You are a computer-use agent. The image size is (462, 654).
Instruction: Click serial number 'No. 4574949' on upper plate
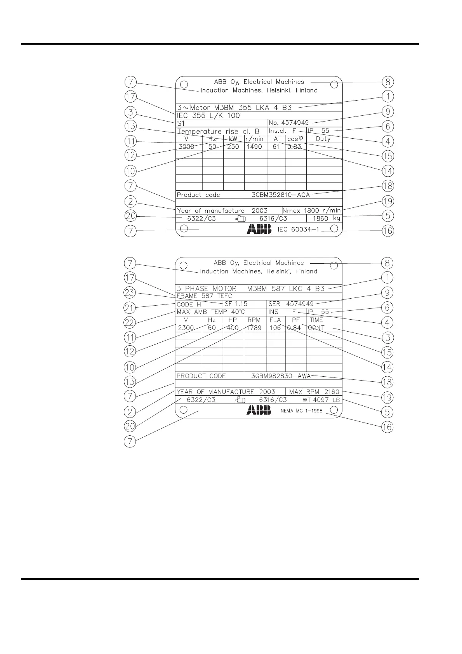coord(288,123)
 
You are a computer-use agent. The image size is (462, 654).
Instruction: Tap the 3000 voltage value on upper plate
coord(186,147)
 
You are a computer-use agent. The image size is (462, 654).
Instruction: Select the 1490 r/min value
coord(254,147)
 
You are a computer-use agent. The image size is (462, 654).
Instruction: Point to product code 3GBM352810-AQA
coord(281,195)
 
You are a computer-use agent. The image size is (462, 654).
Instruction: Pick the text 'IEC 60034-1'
coord(298,230)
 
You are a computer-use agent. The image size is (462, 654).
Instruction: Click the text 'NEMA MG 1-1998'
coord(302,410)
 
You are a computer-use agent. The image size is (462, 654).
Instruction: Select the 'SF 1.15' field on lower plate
coord(236,304)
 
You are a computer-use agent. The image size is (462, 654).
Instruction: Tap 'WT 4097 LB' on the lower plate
coord(321,400)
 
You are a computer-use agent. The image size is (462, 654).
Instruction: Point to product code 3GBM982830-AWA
coord(281,376)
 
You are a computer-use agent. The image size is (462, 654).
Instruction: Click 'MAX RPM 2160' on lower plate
coord(314,392)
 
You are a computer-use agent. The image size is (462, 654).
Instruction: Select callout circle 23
coord(130,293)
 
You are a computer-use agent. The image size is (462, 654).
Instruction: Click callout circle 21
coord(130,308)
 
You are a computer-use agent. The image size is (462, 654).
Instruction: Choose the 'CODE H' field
coord(189,304)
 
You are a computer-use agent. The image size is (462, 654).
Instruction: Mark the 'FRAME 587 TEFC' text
coord(204,296)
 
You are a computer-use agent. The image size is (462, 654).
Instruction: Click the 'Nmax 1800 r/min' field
coord(311,210)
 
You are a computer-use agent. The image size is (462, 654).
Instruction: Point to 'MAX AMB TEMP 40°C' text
coord(210,312)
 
